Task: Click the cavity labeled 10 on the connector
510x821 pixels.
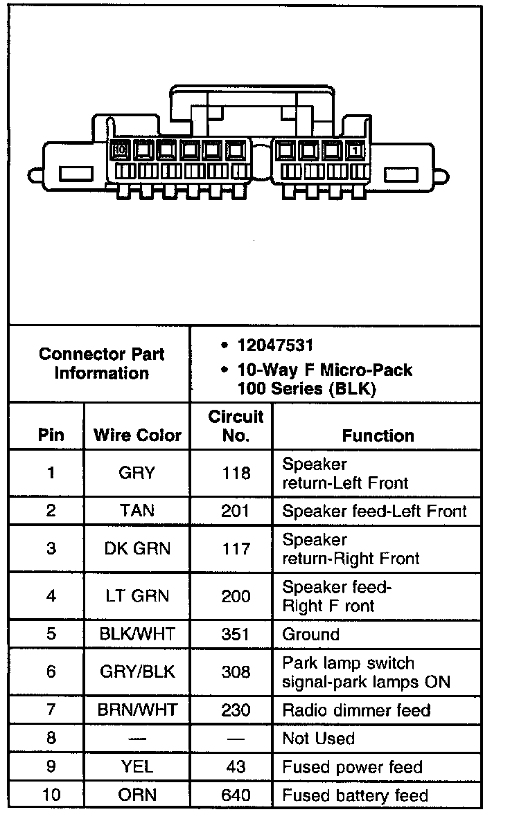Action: point(120,149)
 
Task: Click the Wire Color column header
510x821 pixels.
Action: point(137,435)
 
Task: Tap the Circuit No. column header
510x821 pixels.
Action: point(236,426)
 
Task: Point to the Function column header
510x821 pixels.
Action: point(378,435)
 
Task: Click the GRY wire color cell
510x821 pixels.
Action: point(137,473)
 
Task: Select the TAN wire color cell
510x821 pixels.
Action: point(137,511)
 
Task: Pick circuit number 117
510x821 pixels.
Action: point(236,549)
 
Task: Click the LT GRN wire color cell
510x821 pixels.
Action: point(137,596)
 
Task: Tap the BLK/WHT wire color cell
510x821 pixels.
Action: point(137,634)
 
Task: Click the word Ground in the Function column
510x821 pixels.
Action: point(311,634)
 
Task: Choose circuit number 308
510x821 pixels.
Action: point(236,671)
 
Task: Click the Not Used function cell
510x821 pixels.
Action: point(318,739)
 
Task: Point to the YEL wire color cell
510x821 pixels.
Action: point(137,767)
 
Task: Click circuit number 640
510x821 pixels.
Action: point(236,795)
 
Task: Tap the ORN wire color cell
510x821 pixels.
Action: point(137,795)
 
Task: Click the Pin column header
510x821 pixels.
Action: point(51,435)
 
